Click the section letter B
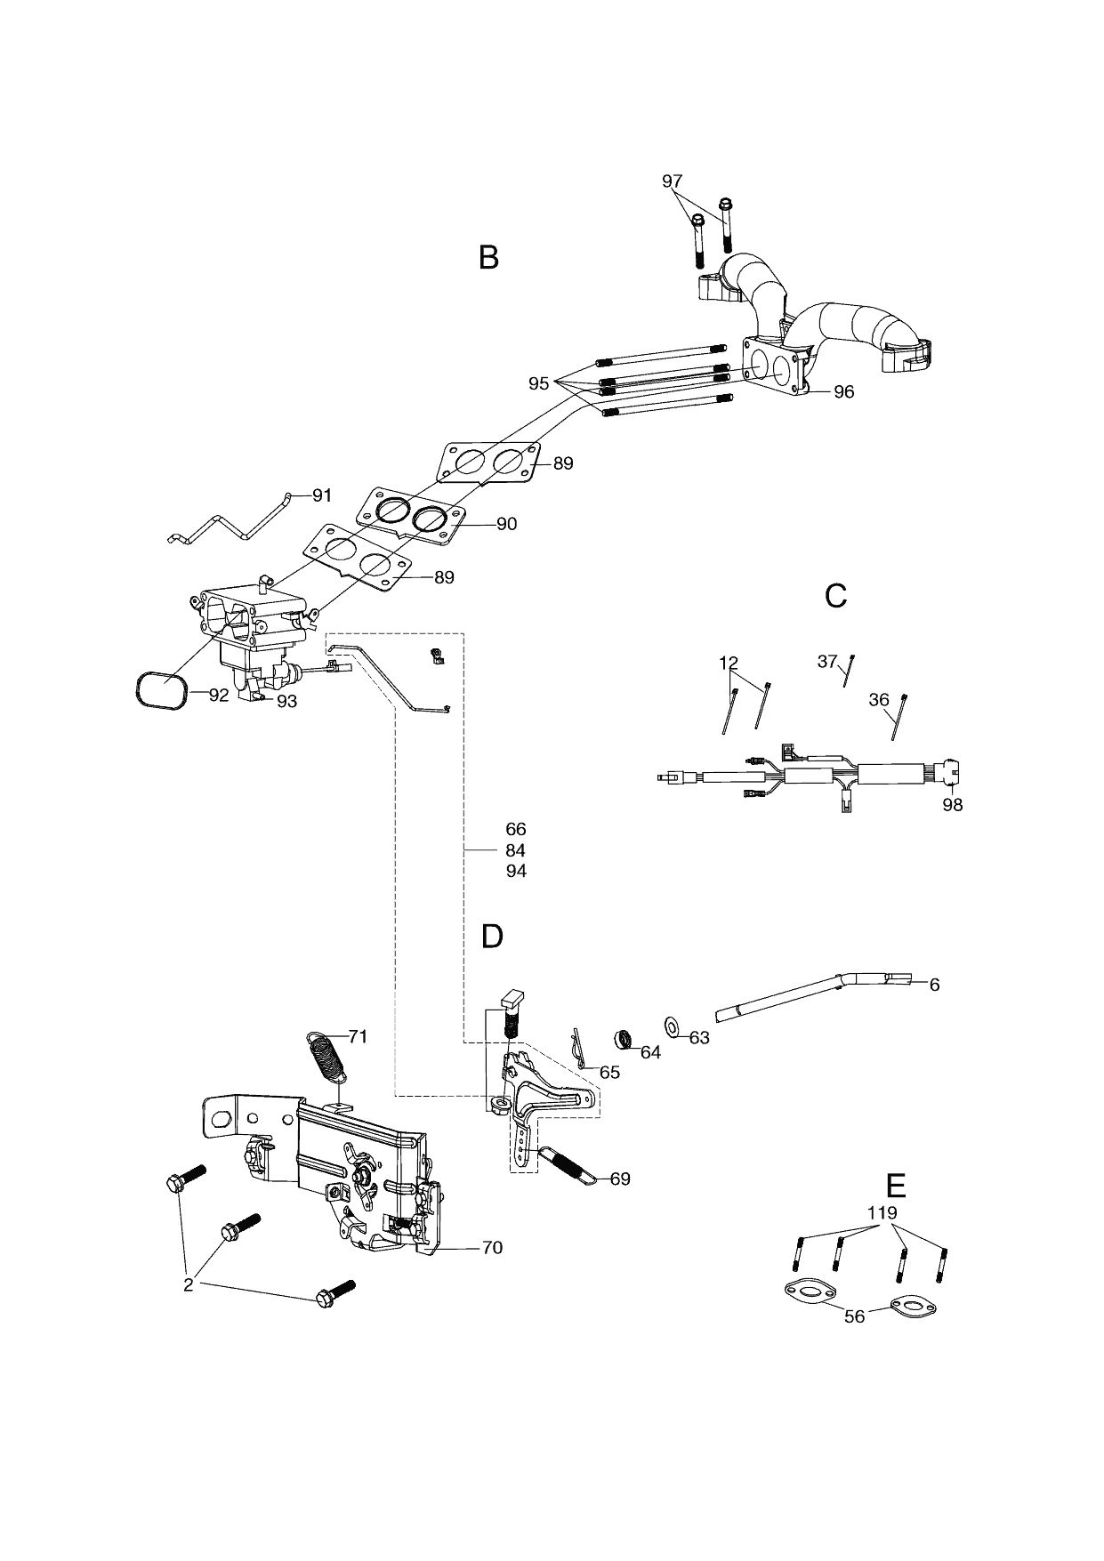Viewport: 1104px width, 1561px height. [x=488, y=257]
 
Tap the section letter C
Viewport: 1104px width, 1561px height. [x=835, y=596]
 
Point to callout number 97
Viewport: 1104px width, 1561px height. [x=673, y=181]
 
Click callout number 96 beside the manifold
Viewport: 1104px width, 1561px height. [x=843, y=391]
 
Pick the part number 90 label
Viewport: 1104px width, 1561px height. [x=506, y=524]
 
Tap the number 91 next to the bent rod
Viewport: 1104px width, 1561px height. [x=321, y=495]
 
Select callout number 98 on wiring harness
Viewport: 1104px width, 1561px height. [x=952, y=805]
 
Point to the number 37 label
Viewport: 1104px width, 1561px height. [x=827, y=661]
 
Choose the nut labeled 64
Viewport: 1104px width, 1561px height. [x=625, y=1039]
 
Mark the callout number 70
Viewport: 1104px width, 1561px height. [x=492, y=1247]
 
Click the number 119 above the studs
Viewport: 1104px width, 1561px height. [x=882, y=1212]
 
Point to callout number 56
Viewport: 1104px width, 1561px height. [x=854, y=1316]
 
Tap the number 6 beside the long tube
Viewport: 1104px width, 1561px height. [x=934, y=985]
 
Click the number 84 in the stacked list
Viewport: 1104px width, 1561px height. [x=516, y=850]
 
